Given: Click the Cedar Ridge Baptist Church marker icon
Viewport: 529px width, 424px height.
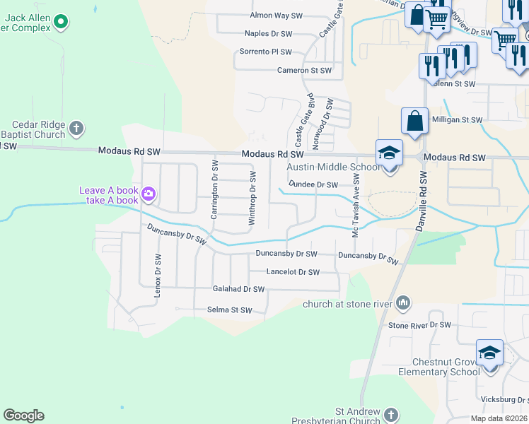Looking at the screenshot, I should (76, 129).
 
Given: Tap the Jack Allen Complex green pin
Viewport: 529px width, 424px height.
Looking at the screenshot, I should (61, 23).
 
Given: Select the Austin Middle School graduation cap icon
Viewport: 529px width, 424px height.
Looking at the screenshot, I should (389, 153).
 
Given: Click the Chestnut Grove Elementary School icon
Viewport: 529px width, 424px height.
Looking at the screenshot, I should (489, 352).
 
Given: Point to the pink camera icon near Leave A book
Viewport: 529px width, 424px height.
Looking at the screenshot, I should (149, 193).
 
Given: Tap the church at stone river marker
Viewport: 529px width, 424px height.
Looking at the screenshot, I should (403, 304).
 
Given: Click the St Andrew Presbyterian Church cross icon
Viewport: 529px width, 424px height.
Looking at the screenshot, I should (391, 414).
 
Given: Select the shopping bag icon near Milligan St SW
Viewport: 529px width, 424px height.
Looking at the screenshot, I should (414, 121).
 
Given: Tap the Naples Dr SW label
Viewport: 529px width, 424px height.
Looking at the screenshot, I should (268, 33).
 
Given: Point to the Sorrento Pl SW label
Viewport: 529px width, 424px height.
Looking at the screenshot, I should (265, 52).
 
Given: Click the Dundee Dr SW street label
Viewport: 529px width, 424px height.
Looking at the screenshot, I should (313, 185).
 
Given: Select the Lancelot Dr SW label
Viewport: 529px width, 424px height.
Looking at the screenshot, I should (293, 272).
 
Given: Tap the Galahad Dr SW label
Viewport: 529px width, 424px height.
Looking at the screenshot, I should (238, 289).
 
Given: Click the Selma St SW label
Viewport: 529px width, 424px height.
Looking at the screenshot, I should (230, 310).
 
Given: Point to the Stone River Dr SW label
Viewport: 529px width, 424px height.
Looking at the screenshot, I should (419, 325).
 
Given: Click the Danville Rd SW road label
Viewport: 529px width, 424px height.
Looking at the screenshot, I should (425, 198).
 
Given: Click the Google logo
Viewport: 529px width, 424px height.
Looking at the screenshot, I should (23, 416).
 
